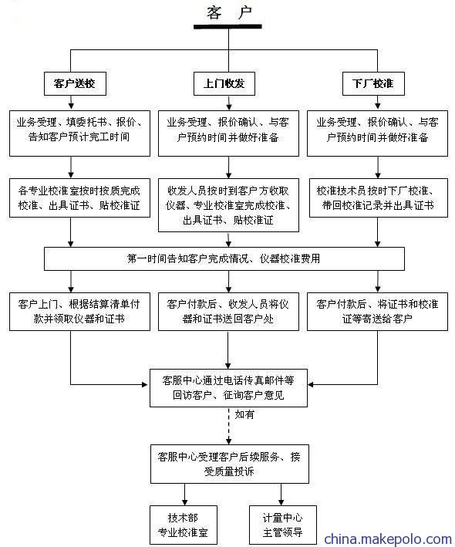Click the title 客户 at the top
[x=229, y=13]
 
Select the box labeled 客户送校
[x=75, y=84]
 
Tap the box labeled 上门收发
[x=224, y=84]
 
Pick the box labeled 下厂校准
[x=373, y=84]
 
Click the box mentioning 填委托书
[x=79, y=133]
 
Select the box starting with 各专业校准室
[x=79, y=198]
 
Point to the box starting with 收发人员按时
[x=228, y=205]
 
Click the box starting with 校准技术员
[x=379, y=198]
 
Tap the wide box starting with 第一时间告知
[x=224, y=259]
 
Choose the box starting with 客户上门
[x=79, y=312]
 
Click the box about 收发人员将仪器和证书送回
[x=228, y=312]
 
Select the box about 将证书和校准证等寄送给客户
[x=377, y=312]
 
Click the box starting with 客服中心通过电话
[x=228, y=388]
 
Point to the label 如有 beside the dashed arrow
[x=244, y=414]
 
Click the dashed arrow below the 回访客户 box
[x=229, y=426]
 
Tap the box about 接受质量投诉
[x=229, y=464]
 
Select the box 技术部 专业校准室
[x=184, y=525]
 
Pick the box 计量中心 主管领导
[x=283, y=525]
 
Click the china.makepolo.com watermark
[x=388, y=539]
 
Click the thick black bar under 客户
[x=228, y=26]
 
